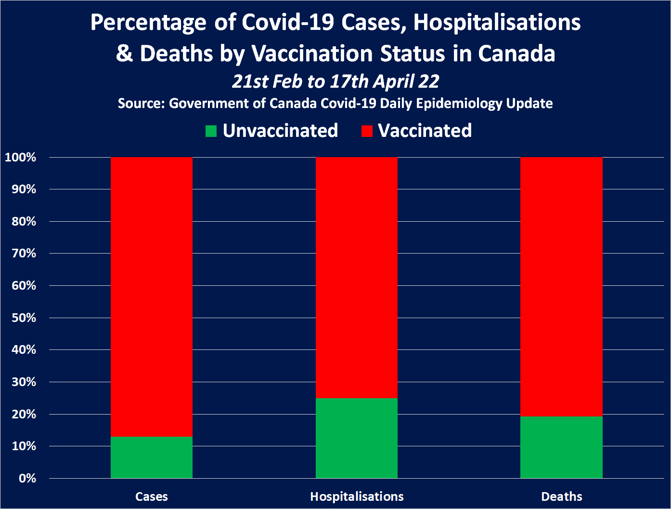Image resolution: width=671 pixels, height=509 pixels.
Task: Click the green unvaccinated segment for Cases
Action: [152, 457]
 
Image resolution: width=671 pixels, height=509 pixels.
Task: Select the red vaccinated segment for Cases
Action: [152, 296]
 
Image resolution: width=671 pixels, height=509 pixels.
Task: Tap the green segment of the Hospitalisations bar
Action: [357, 438]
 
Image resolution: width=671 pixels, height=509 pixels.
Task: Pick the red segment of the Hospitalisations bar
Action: [357, 277]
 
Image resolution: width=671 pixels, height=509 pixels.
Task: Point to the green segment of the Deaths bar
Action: [561, 447]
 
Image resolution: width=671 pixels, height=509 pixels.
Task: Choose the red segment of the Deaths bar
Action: [561, 287]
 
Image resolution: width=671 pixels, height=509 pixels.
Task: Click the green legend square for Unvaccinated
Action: [211, 131]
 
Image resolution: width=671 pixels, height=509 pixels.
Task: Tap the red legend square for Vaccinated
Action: [367, 131]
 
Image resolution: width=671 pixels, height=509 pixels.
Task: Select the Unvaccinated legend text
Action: [280, 131]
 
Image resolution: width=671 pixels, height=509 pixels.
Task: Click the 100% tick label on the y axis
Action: [20, 157]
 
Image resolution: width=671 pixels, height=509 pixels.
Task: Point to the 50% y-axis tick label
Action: [24, 318]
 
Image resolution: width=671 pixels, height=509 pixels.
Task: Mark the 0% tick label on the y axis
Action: [27, 478]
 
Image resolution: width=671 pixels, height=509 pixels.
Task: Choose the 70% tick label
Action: [24, 254]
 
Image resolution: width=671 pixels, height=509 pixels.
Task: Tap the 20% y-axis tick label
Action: [24, 414]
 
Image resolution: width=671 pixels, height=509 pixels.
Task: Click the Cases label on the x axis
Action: [152, 496]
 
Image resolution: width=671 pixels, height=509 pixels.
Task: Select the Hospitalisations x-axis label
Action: [357, 496]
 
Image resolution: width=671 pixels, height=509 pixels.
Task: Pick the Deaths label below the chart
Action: [561, 496]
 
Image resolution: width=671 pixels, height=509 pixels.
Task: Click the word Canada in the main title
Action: [516, 54]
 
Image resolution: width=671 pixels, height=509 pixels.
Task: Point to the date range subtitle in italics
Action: [335, 81]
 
